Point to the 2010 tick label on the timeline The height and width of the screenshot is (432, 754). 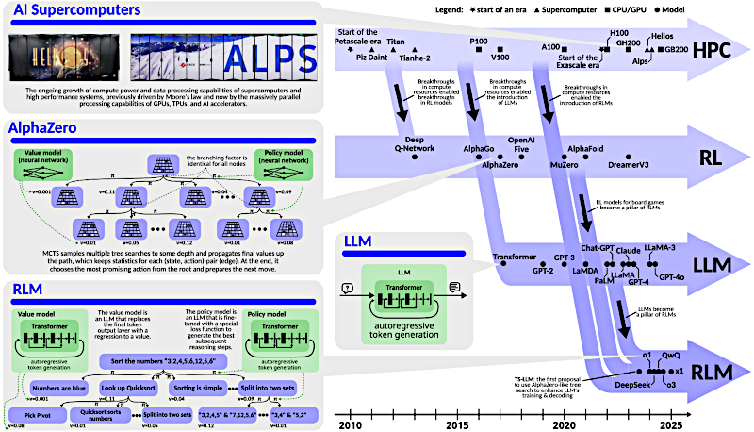coord(350,424)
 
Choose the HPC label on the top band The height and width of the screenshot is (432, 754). coord(713,53)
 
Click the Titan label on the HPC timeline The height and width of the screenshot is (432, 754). coord(397,42)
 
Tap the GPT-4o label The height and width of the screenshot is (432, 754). coord(672,277)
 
